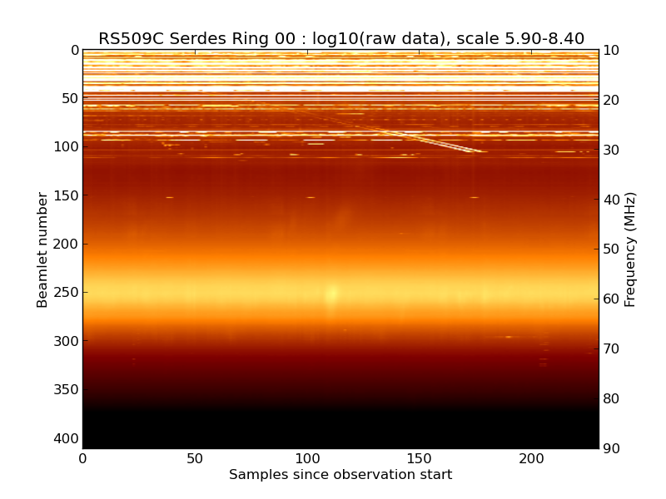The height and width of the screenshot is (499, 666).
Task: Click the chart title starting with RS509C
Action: click(x=340, y=38)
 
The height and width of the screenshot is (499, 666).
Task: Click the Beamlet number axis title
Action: click(x=42, y=249)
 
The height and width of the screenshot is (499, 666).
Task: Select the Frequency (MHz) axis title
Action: click(x=630, y=249)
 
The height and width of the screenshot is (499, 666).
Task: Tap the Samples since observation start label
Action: click(x=340, y=475)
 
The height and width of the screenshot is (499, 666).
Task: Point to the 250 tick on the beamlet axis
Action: click(x=68, y=293)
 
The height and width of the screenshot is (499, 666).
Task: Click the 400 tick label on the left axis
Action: click(x=68, y=438)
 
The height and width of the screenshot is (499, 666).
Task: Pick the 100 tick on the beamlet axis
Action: click(x=68, y=147)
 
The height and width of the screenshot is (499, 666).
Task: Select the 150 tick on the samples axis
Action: click(x=419, y=458)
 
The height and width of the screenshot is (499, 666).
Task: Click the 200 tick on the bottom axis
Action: click(x=531, y=458)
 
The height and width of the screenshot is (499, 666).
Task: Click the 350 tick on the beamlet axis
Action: click(x=68, y=390)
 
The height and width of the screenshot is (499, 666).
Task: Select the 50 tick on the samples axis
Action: click(x=195, y=458)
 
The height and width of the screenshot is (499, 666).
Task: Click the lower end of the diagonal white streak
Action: click(x=480, y=151)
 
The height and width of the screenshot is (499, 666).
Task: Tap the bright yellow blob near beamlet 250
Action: click(x=333, y=293)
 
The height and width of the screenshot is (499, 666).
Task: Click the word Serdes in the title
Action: click(x=198, y=38)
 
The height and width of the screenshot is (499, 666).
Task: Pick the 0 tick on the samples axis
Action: click(x=82, y=458)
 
